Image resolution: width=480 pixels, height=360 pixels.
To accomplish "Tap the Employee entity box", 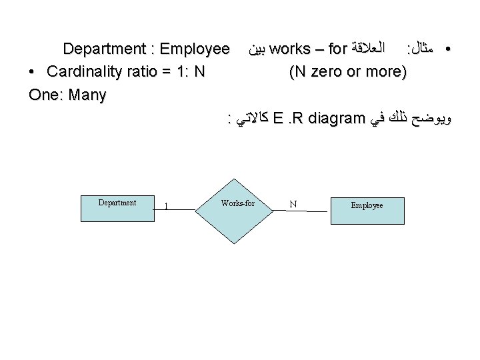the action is point(367,209).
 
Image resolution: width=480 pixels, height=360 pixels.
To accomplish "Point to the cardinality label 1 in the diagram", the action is point(166,205).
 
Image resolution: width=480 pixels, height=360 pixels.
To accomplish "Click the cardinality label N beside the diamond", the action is point(293,203).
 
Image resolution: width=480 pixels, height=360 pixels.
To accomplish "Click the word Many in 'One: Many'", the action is point(85,95).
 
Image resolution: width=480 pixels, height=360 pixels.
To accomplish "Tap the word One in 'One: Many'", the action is point(43,95).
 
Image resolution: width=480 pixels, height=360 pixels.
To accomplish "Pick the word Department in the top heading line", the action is point(104,49).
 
